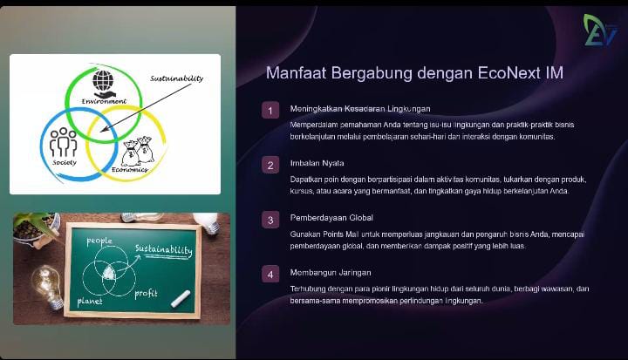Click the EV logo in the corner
click(x=600, y=31)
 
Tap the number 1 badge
click(x=270, y=111)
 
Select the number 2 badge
click(x=270, y=165)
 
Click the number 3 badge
click(x=270, y=220)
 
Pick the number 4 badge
click(x=270, y=275)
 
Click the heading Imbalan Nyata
click(x=317, y=163)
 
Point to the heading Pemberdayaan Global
click(x=331, y=218)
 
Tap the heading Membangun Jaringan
click(x=331, y=273)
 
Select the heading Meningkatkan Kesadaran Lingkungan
click(x=360, y=108)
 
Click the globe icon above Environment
click(x=103, y=80)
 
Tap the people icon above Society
click(x=64, y=142)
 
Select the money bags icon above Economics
click(x=138, y=151)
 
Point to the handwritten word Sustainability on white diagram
click(x=176, y=78)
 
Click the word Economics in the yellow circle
click(x=129, y=169)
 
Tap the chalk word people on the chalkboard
click(x=99, y=241)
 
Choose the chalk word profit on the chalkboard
click(x=146, y=294)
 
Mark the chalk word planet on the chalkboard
click(x=90, y=301)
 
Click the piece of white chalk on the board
click(x=181, y=299)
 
